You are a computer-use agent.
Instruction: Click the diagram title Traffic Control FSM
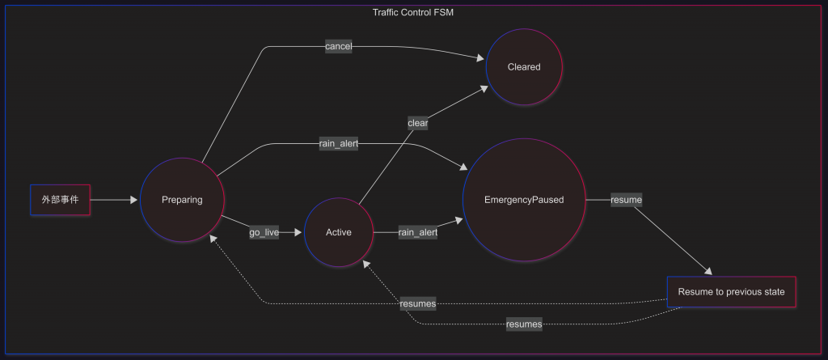click(413, 12)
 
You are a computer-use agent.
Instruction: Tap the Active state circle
click(339, 233)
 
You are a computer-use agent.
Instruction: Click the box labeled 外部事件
click(61, 199)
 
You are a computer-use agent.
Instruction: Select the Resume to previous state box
click(731, 292)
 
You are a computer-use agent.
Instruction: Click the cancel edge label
click(338, 47)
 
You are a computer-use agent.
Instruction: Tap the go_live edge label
click(264, 233)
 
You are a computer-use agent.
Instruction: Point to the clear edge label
click(417, 124)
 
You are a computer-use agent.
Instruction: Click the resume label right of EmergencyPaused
click(626, 199)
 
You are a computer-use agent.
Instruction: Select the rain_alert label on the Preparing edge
click(338, 144)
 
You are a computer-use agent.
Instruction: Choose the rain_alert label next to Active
click(417, 233)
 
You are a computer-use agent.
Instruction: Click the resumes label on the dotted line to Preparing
click(417, 303)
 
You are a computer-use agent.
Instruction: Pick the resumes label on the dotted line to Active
click(523, 324)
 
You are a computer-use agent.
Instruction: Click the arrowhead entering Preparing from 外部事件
click(134, 199)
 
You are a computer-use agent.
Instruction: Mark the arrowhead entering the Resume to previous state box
click(710, 273)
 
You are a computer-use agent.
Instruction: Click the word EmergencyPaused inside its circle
click(524, 200)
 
